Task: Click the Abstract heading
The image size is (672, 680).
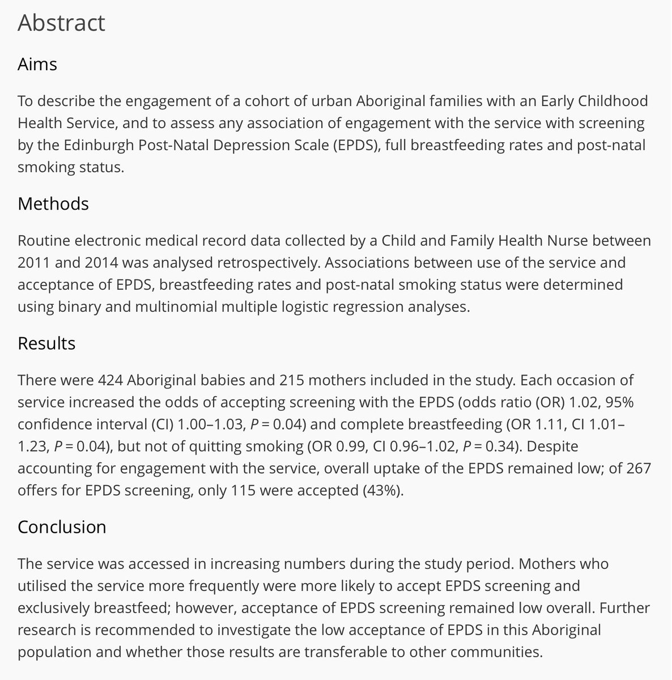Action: tap(61, 23)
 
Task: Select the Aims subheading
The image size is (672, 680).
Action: tap(37, 64)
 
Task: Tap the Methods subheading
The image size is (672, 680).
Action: tap(53, 203)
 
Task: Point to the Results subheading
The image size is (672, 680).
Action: tap(46, 343)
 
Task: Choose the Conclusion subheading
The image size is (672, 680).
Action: tap(62, 527)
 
